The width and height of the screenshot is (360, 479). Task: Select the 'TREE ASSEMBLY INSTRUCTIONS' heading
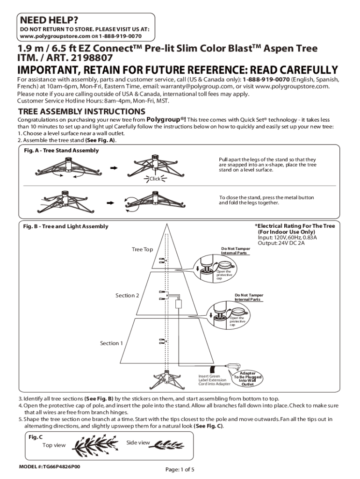pos(81,112)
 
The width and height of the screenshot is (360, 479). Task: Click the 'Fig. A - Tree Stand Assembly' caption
pos(61,151)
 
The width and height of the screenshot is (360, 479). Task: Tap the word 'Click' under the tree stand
pos(155,179)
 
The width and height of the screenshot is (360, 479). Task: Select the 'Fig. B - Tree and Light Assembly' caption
pos(65,226)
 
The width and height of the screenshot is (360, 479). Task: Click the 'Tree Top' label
pos(142,249)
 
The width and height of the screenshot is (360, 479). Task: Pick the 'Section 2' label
pos(127,296)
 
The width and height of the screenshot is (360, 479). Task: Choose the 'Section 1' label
pos(112,343)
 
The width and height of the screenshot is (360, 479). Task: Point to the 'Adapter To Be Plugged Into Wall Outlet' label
pos(247,379)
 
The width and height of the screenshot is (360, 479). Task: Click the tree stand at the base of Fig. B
pos(166,377)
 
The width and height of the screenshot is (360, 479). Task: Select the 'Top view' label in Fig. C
pos(54,445)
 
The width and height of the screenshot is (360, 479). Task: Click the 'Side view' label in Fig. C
pos(138,443)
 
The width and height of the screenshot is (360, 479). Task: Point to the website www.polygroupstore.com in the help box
pos(50,36)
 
